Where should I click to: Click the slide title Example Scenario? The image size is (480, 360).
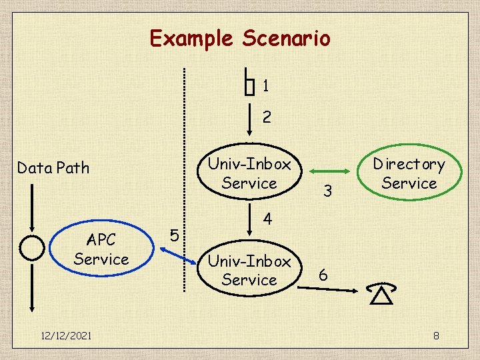(240, 38)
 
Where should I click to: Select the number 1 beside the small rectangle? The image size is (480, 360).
(265, 86)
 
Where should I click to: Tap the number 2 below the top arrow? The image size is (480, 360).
(267, 118)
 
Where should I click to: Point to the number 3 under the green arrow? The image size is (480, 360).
(327, 191)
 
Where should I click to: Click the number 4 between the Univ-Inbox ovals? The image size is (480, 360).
(267, 218)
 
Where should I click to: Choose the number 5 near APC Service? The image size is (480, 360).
(173, 235)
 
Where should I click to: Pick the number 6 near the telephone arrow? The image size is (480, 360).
(323, 275)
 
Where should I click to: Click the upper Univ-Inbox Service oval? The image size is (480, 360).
(249, 173)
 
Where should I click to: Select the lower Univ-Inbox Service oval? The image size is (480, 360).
(249, 271)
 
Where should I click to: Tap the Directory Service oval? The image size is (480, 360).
(409, 173)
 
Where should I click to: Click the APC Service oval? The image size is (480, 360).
(101, 249)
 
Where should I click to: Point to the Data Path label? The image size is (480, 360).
(53, 168)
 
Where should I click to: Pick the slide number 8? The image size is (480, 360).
(436, 335)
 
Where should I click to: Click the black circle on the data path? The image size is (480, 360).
(32, 247)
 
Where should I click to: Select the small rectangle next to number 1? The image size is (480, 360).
(250, 85)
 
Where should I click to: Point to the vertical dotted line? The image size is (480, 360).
(185, 180)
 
